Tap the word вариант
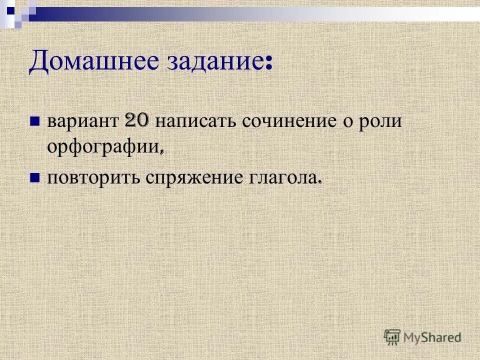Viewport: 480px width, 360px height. pyautogui.click(x=82, y=122)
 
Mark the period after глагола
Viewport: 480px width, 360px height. pyautogui.click(x=318, y=182)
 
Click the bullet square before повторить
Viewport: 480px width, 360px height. pyautogui.click(x=35, y=176)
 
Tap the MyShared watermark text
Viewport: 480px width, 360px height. pyautogui.click(x=432, y=337)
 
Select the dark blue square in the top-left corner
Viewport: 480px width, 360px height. pyautogui.click(x=10, y=8)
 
